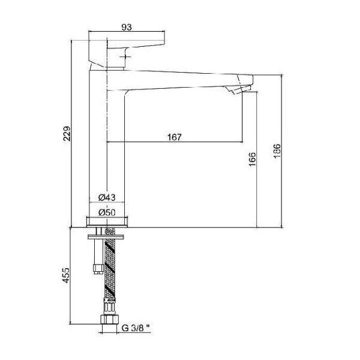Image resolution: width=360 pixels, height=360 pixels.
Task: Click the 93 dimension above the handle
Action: coord(127,27)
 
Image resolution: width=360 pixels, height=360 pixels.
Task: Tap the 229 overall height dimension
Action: coord(67,133)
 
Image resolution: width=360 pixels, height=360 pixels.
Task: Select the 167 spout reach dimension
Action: coord(175,137)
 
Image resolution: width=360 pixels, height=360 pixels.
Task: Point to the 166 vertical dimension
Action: coord(252,159)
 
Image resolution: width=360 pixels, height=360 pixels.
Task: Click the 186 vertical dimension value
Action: coord(277,151)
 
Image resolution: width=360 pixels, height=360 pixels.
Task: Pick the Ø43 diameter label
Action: coord(107,197)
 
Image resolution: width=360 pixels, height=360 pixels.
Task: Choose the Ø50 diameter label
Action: coord(107,212)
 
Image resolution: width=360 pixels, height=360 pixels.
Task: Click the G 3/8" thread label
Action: coord(136,328)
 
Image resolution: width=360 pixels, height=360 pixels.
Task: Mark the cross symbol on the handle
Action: coord(126,56)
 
